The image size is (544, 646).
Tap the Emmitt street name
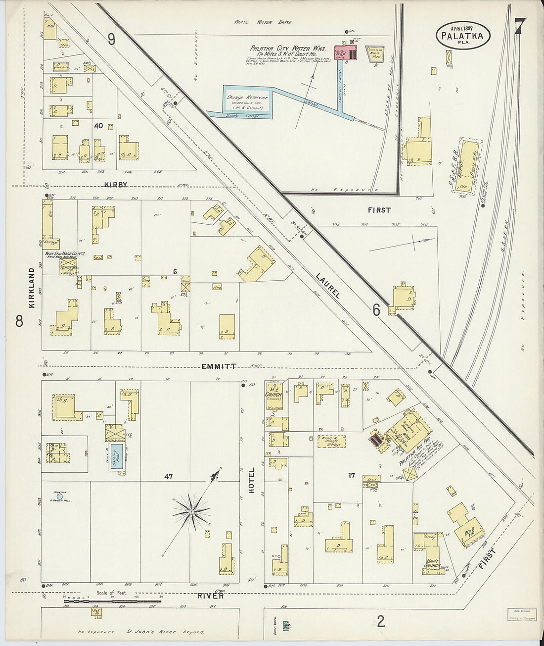tap(219, 367)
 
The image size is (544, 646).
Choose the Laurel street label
tap(331, 286)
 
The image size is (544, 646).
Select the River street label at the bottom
tap(211, 596)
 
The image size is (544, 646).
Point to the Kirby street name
tap(116, 185)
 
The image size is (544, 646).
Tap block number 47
tap(169, 476)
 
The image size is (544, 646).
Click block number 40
tap(98, 126)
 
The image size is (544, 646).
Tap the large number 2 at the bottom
tap(380, 621)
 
